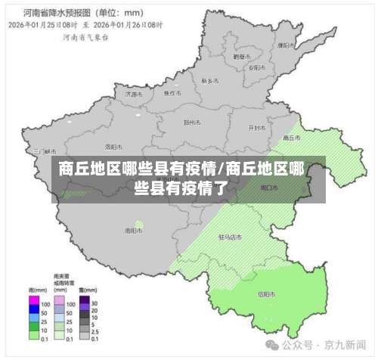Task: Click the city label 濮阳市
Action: [285, 45]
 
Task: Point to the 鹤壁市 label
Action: [241, 56]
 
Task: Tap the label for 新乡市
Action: [210, 79]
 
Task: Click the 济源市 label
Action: [133, 95]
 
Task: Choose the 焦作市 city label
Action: [173, 93]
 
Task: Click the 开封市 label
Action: [257, 128]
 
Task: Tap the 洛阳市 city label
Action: [113, 146]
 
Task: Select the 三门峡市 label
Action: [42, 151]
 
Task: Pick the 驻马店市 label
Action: [230, 237]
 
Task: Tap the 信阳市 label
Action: [267, 293]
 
